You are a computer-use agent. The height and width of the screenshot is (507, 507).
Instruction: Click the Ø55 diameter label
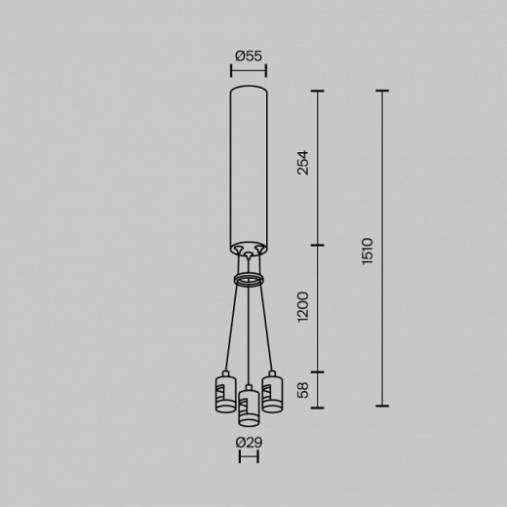point(249,56)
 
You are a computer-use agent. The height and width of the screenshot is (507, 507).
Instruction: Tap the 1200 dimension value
point(303,309)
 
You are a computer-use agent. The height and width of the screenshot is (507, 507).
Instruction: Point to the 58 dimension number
point(303,390)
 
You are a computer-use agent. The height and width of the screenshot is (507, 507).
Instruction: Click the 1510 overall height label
point(367,250)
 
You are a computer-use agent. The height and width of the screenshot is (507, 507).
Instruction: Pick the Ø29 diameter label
point(249,443)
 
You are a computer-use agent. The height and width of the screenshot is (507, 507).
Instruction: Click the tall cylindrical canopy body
point(249,166)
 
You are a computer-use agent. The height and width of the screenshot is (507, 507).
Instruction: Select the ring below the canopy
point(249,280)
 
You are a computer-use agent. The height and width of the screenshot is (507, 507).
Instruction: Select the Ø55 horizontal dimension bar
point(249,70)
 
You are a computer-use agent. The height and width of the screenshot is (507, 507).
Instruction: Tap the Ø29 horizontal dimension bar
point(249,456)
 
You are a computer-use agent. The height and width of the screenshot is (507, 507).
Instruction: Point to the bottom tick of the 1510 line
point(381,406)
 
